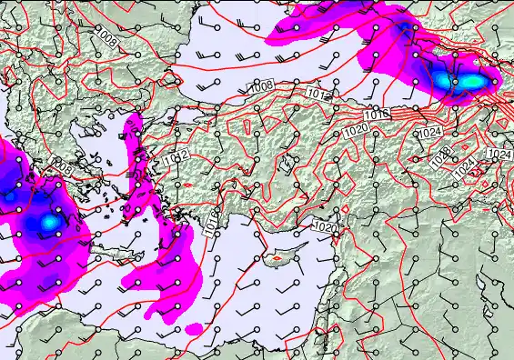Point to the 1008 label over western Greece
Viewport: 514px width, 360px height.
(64, 169)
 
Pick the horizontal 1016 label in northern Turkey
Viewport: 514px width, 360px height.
(379, 114)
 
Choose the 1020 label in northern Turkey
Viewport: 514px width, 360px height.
(356, 131)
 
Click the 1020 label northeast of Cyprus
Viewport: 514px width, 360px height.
(324, 226)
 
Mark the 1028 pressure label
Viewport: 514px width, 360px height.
(441, 156)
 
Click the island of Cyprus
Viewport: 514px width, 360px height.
(274, 257)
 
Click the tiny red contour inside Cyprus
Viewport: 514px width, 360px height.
(271, 259)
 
